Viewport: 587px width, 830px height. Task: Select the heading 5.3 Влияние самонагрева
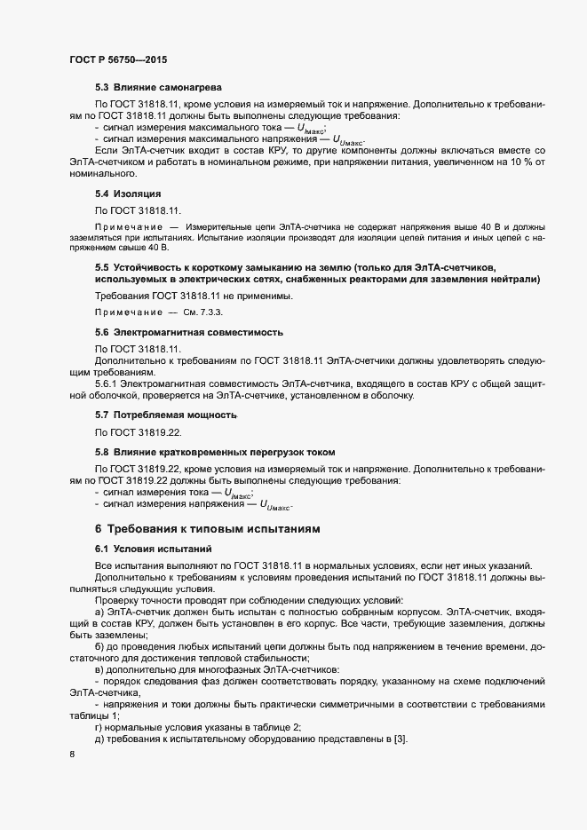pyautogui.click(x=158, y=88)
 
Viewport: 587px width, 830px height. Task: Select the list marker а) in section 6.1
pyautogui.click(x=99, y=613)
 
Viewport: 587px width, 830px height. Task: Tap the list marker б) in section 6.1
pyautogui.click(x=99, y=645)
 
